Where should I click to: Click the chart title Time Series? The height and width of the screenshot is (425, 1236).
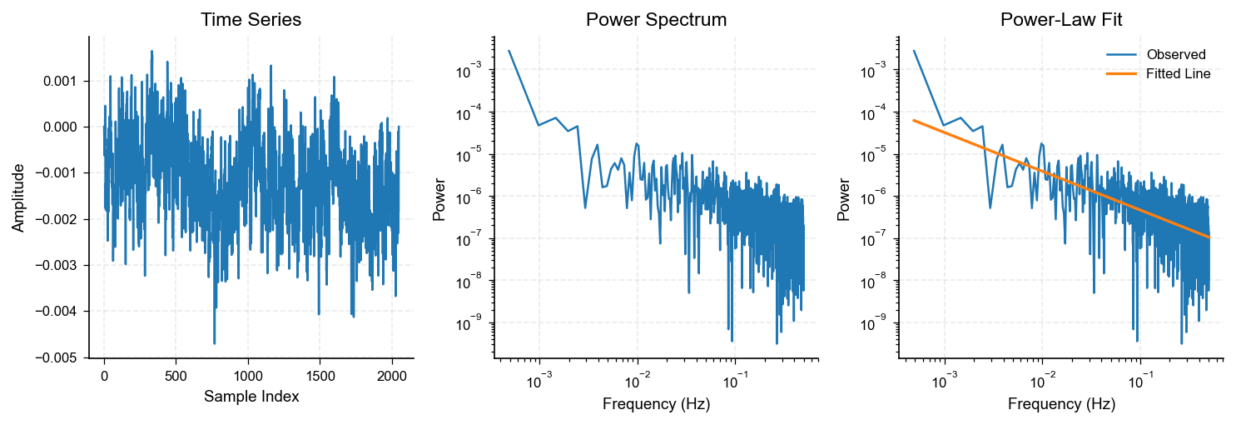251,20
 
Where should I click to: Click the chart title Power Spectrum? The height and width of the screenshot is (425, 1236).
657,20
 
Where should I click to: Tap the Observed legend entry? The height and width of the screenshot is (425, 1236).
1175,55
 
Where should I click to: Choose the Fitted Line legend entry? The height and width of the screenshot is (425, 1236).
1178,73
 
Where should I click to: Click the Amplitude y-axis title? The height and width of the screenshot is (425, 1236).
18,197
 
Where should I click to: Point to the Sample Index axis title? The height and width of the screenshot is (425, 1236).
251,397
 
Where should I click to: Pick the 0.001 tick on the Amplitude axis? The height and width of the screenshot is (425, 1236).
59,81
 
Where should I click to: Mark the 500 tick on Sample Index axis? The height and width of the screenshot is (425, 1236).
176,376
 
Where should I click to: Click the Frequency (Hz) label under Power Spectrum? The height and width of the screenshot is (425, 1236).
657,405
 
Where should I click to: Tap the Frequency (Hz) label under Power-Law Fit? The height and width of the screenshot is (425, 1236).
1060,405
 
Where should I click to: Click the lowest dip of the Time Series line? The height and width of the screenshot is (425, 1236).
214,343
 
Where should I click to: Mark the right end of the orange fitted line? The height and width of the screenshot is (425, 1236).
1209,237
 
